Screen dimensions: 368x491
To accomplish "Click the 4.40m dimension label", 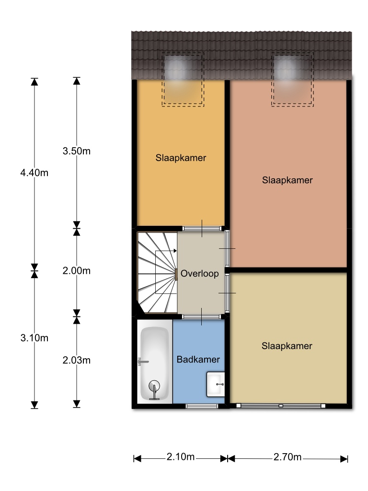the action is pyautogui.click(x=34, y=173).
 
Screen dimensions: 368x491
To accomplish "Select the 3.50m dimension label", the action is pyautogui.click(x=77, y=151).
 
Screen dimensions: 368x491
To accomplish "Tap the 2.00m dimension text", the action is pyautogui.click(x=77, y=270).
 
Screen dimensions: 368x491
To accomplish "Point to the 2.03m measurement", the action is pyautogui.click(x=77, y=360).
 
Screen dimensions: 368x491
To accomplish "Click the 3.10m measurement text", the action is pyautogui.click(x=34, y=338).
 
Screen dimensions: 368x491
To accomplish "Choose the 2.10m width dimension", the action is pyautogui.click(x=181, y=457).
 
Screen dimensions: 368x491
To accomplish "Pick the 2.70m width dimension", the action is pyautogui.click(x=287, y=457).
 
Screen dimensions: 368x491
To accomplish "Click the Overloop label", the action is pyautogui.click(x=200, y=273).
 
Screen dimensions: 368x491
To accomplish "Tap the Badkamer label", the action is pyautogui.click(x=198, y=359).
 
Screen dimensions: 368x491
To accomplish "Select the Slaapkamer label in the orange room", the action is pyautogui.click(x=181, y=158).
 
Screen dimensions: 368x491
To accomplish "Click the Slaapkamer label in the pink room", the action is pyautogui.click(x=287, y=180).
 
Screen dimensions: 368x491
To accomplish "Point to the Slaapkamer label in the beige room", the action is pyautogui.click(x=287, y=346).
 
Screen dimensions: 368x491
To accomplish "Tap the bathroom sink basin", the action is pyautogui.click(x=216, y=384).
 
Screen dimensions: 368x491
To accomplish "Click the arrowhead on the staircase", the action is pyautogui.click(x=175, y=251).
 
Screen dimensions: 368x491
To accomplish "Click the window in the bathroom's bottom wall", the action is pyautogui.click(x=202, y=406).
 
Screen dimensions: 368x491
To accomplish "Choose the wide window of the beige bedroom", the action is pyautogui.click(x=281, y=406).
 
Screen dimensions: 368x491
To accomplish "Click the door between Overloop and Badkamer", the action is pyautogui.click(x=202, y=316).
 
